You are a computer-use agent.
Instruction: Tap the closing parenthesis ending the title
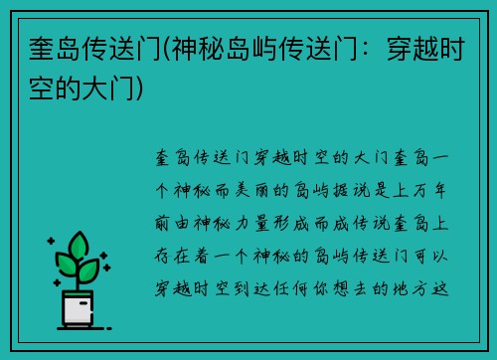pos(148,89)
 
